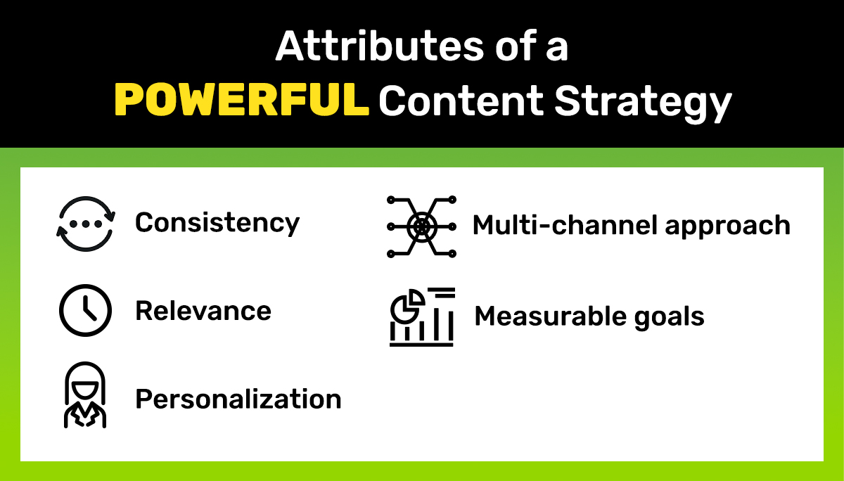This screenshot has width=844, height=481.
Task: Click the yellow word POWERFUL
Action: [241, 101]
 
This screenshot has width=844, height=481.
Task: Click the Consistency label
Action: [217, 223]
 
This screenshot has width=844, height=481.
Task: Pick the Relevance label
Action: [203, 311]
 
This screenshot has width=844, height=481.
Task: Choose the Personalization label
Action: [238, 399]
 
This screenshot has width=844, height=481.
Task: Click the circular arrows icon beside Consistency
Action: [85, 224]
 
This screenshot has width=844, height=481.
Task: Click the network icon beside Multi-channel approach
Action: [421, 226]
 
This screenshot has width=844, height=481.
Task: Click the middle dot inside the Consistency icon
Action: [85, 224]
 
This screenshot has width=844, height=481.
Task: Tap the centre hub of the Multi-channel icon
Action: [421, 226]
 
